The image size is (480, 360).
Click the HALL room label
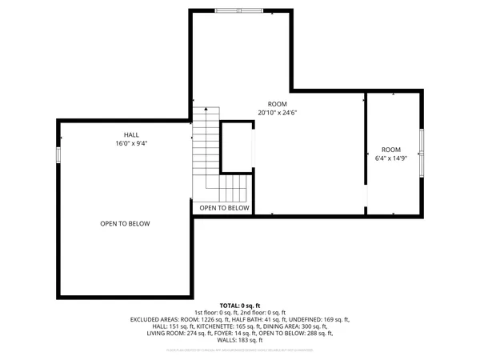[131, 134]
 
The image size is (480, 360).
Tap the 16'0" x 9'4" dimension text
[131, 144]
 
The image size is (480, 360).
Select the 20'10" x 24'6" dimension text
[277, 113]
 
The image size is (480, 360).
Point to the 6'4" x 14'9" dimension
[390, 159]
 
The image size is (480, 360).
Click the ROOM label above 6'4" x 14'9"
[390, 150]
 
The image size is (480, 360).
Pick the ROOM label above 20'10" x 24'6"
[277, 104]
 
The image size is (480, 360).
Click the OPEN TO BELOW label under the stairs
[224, 208]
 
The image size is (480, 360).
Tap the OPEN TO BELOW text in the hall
[125, 224]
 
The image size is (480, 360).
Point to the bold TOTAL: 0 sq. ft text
[240, 306]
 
